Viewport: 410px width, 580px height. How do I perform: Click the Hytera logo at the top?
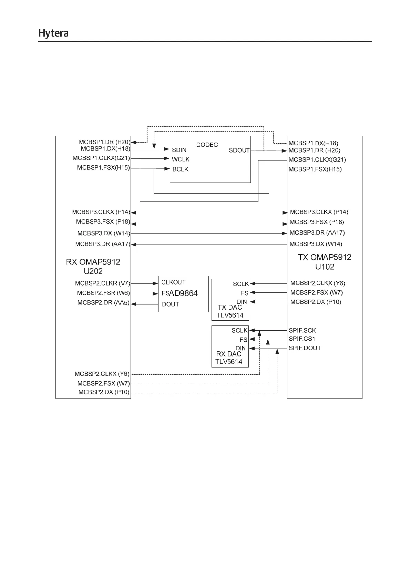point(53,33)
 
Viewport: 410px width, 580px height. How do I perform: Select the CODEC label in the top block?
point(207,145)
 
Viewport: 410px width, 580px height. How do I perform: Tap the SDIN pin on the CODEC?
point(179,150)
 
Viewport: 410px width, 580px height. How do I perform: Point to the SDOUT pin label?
point(239,151)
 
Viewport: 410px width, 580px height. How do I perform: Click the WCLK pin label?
point(181,159)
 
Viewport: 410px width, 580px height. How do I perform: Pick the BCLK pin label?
point(180,169)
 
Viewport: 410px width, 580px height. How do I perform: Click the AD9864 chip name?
point(183,293)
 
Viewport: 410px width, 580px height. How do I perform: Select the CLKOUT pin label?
point(174,282)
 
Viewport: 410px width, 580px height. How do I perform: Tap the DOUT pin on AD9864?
point(171,304)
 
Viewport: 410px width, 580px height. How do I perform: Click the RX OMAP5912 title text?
point(93,262)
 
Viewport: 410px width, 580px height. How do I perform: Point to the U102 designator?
point(325,267)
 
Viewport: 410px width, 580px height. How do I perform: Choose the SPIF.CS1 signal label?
point(302,339)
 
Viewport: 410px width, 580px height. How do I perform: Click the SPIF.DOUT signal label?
point(305,348)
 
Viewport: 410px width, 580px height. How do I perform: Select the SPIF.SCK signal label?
point(302,331)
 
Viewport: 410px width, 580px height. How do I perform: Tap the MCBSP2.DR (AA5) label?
point(103,303)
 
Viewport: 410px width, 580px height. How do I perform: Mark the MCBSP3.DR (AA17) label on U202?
point(103,244)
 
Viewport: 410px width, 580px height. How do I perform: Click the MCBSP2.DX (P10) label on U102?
point(316,302)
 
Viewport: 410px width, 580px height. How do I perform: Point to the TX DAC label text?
point(230,307)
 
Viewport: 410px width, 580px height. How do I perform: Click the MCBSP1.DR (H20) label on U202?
point(104,142)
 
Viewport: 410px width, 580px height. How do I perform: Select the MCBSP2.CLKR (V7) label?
point(102,283)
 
